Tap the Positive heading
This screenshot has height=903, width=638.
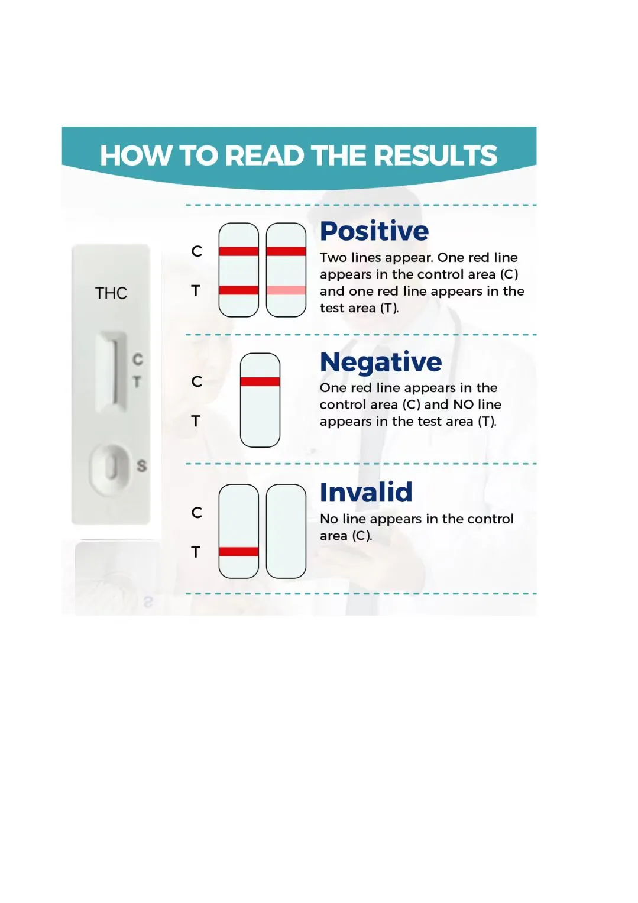click(x=374, y=231)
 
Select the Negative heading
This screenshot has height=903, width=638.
click(x=381, y=363)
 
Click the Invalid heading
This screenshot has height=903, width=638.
click(x=366, y=492)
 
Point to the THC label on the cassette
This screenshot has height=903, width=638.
click(x=111, y=293)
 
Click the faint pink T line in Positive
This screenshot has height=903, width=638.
click(x=286, y=290)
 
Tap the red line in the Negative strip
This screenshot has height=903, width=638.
click(x=260, y=382)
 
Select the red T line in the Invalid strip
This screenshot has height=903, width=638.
click(x=239, y=552)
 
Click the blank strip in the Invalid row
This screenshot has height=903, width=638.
click(x=286, y=531)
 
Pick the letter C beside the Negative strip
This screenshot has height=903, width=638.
click(x=197, y=381)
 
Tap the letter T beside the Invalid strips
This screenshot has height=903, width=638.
click(x=196, y=552)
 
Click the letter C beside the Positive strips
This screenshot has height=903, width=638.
click(x=197, y=251)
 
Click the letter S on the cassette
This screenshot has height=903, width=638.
click(x=141, y=466)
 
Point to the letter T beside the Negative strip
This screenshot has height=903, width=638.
click(x=196, y=421)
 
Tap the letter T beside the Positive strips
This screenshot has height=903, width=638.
click(x=196, y=291)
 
